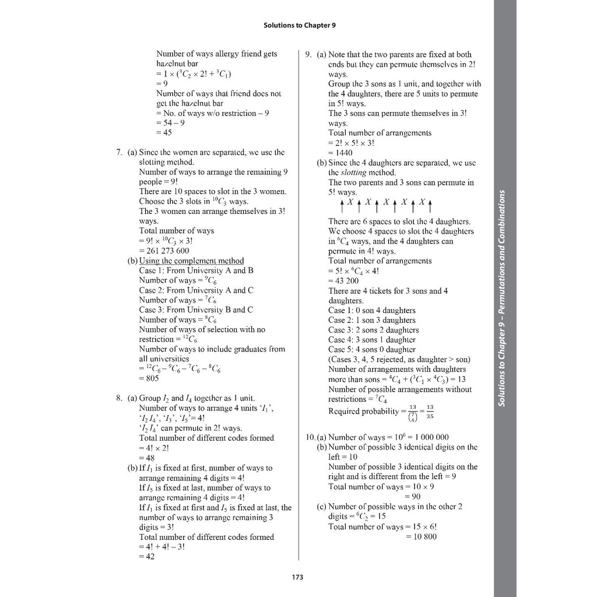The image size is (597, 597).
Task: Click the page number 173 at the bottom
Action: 298,577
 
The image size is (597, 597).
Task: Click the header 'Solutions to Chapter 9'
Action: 299,26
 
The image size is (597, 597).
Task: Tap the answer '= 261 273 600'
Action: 164,251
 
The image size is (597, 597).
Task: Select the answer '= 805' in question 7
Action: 149,378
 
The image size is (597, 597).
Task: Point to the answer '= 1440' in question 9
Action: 340,153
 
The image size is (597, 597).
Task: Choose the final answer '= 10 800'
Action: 421,536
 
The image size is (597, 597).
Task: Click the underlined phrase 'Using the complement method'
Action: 191,261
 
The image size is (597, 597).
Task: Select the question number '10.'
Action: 311,437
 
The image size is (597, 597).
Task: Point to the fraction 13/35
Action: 430,412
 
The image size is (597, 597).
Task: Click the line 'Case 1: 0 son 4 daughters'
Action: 372,310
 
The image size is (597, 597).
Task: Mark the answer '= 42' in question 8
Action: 148,556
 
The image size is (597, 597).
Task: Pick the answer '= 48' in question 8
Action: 147,458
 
